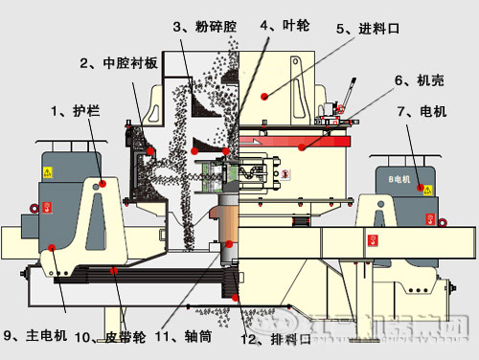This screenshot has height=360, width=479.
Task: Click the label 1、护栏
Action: (76, 110)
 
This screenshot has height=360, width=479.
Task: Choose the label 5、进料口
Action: (366, 29)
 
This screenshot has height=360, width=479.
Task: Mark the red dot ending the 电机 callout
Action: (419, 191)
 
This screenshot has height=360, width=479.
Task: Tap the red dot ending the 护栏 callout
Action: (103, 182)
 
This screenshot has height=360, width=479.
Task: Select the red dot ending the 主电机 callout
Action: (55, 250)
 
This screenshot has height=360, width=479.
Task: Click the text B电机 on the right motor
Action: (398, 178)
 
